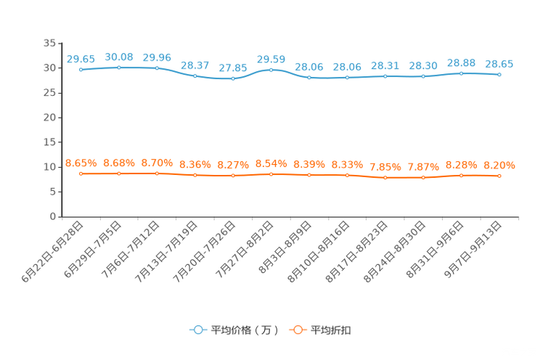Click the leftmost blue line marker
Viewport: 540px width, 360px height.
[81, 70]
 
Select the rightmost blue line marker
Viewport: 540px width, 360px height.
[499, 74]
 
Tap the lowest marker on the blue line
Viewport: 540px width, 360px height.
[233, 78]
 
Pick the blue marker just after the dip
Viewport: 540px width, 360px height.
[271, 70]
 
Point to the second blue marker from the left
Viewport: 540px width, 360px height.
[119, 67]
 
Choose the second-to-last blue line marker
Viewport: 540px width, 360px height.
[462, 73]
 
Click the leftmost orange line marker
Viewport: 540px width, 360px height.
[81, 173]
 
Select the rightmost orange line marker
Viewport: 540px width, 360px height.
[499, 176]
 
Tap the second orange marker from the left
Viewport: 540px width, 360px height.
[119, 173]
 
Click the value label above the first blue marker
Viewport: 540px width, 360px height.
[80, 58]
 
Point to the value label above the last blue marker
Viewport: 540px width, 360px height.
[499, 63]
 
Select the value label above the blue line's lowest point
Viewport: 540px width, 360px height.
[232, 67]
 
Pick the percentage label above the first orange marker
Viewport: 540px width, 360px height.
[81, 162]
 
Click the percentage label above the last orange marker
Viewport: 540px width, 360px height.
[499, 165]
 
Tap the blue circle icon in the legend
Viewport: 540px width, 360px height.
[197, 330]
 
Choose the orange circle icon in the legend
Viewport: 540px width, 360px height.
[298, 330]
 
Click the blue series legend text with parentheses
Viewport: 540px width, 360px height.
[244, 330]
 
